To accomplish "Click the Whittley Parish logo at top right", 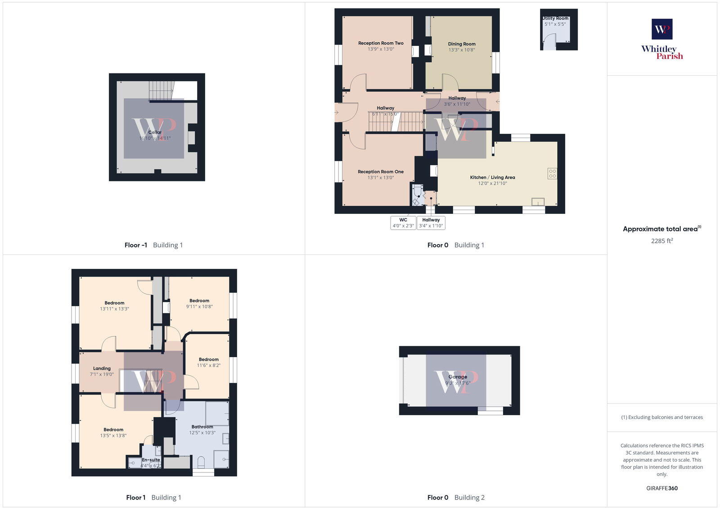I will pyautogui.click(x=662, y=39).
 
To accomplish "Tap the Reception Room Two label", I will pyautogui.click(x=381, y=43).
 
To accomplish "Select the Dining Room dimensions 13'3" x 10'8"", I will pyautogui.click(x=461, y=50).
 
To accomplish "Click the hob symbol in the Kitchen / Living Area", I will pyautogui.click(x=552, y=173).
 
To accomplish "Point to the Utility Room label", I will pyautogui.click(x=555, y=18).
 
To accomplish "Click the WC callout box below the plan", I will pyautogui.click(x=403, y=222).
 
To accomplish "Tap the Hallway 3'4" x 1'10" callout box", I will pyautogui.click(x=431, y=222).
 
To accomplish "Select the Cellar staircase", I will pyautogui.click(x=161, y=91).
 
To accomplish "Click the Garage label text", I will pyautogui.click(x=457, y=377).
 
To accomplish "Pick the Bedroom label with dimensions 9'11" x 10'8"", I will pyautogui.click(x=199, y=300).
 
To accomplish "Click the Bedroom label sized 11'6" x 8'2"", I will pyautogui.click(x=208, y=359).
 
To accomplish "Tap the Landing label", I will pyautogui.click(x=102, y=368).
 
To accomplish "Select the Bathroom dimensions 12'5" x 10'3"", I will pyautogui.click(x=202, y=433).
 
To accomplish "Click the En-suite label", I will pyautogui.click(x=151, y=460).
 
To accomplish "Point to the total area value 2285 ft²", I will pyautogui.click(x=661, y=241).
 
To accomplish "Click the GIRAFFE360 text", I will pyautogui.click(x=661, y=488).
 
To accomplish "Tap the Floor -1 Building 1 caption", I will pyautogui.click(x=153, y=245).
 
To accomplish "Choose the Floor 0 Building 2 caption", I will pyautogui.click(x=456, y=498).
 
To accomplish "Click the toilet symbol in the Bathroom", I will pyautogui.click(x=201, y=462).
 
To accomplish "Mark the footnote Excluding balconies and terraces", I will pyautogui.click(x=661, y=417).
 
